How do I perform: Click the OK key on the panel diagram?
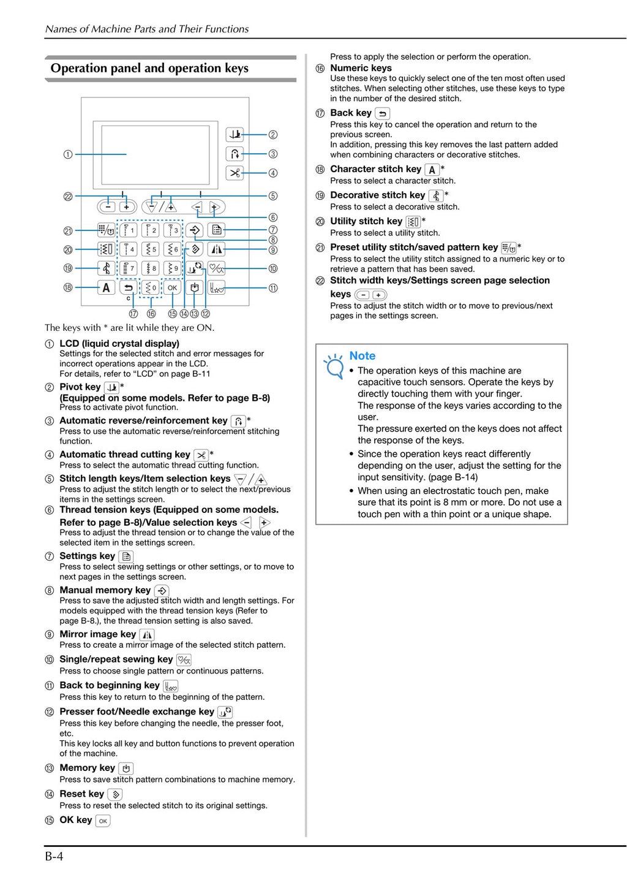[x=173, y=287]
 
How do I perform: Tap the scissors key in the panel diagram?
[x=235, y=173]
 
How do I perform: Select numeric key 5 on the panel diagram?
[x=151, y=249]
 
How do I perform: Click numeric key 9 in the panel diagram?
[x=173, y=268]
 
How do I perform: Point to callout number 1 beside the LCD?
[x=68, y=154]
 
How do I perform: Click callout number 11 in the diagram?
[x=273, y=287]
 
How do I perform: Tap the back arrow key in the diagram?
[x=129, y=287]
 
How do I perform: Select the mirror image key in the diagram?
[x=216, y=249]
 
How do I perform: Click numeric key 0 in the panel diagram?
[x=151, y=287]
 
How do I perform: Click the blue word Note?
[x=362, y=355]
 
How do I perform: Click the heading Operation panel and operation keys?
[x=149, y=68]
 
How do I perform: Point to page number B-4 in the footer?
[x=54, y=856]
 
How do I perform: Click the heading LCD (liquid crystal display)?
[x=119, y=343]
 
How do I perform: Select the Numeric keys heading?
[x=361, y=68]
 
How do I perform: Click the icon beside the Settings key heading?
[x=126, y=556]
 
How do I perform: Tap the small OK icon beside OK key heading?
[x=103, y=821]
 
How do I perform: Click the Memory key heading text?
[x=87, y=768]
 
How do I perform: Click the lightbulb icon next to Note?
[x=334, y=366]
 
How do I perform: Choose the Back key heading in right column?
[x=350, y=113]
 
